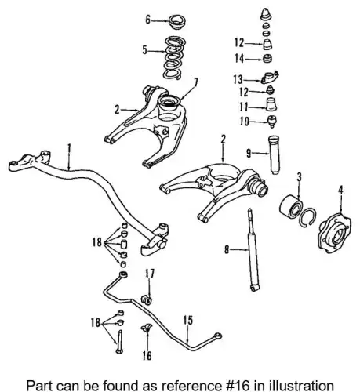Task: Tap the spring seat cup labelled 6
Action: coord(176,23)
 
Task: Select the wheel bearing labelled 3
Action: coord(291,206)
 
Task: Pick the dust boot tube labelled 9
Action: coord(275,154)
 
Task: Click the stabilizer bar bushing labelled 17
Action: coord(147,299)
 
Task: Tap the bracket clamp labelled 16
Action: coord(147,328)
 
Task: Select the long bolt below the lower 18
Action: coord(119,342)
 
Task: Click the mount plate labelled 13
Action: coord(270,78)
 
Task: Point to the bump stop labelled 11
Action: coord(271,104)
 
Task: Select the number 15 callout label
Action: coord(187,321)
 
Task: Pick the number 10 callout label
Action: coord(245,122)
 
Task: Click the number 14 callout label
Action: coord(239,59)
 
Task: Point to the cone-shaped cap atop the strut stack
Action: coord(266,14)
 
